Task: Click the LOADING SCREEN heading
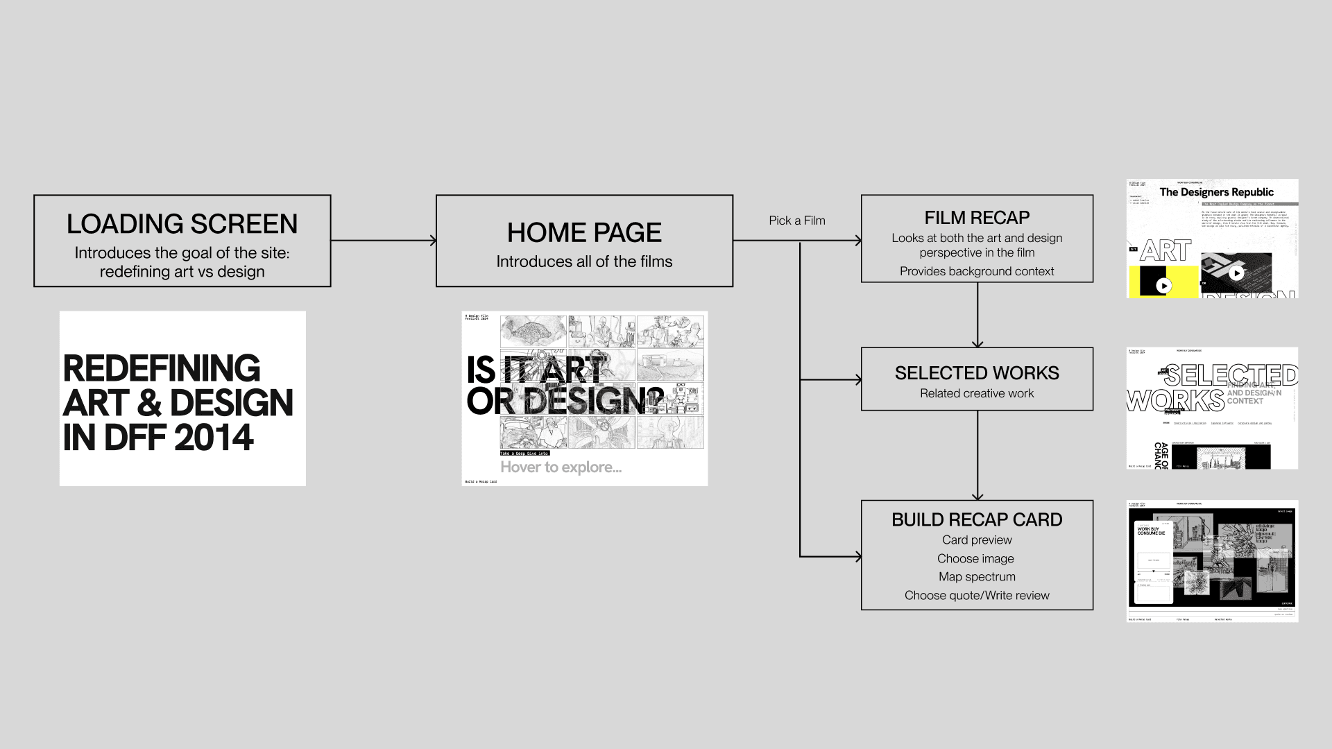pos(182,224)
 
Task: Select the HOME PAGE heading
pos(584,232)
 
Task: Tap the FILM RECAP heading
pos(977,218)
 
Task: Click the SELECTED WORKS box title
pos(977,373)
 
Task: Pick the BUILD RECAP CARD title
pos(977,519)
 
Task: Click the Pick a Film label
pos(797,221)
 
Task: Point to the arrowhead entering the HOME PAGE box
pos(433,241)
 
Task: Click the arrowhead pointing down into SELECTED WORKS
pos(977,343)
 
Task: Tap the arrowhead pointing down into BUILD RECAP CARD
pos(977,496)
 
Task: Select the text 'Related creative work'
pos(977,393)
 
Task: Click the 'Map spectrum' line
pos(977,576)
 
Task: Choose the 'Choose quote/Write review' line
pos(977,595)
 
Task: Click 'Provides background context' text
pos(977,271)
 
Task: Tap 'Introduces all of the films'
pos(584,261)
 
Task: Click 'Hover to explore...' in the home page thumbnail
pos(561,467)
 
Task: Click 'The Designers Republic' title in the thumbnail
pos(1217,192)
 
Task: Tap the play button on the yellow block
pos(1164,285)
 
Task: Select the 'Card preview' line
pos(977,540)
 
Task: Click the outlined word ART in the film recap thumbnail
pos(1165,251)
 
